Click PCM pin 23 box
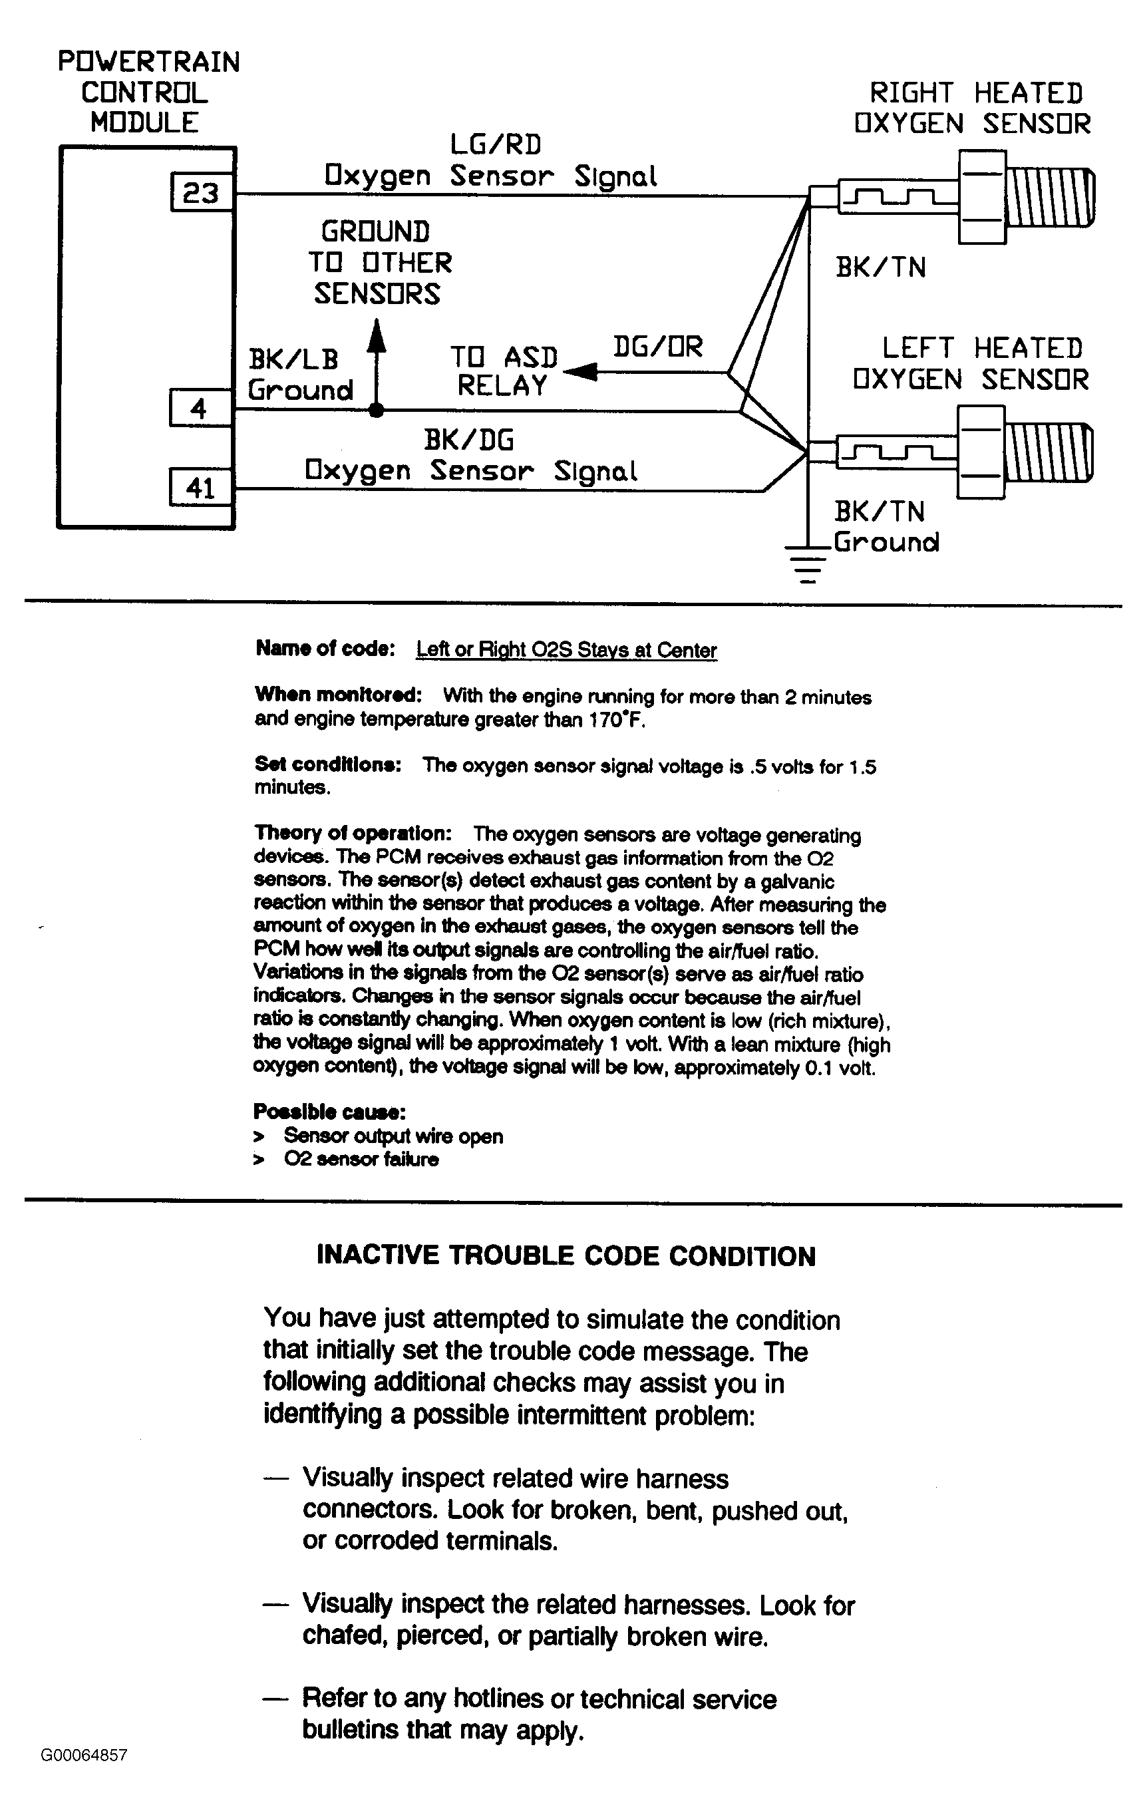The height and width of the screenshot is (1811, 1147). [201, 192]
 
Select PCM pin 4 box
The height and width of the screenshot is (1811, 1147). [200, 409]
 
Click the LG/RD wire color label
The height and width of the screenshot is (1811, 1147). [496, 144]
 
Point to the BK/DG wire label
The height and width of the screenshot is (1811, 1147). [468, 439]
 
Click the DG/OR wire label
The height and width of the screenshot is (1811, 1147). [657, 347]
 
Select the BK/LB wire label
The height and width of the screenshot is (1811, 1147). [293, 359]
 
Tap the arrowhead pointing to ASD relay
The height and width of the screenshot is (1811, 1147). [579, 371]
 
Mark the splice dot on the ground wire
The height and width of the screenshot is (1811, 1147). [378, 411]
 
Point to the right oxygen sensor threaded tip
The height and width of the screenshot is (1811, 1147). [1049, 197]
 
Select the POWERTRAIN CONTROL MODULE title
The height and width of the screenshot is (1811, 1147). [148, 92]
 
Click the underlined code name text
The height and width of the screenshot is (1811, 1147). [566, 650]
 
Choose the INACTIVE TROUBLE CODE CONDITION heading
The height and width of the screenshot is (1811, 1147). [566, 1255]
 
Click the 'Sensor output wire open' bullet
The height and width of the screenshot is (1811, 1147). [393, 1136]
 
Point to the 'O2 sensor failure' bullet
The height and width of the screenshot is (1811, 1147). [361, 1159]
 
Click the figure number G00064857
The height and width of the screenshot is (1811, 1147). [84, 1755]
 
